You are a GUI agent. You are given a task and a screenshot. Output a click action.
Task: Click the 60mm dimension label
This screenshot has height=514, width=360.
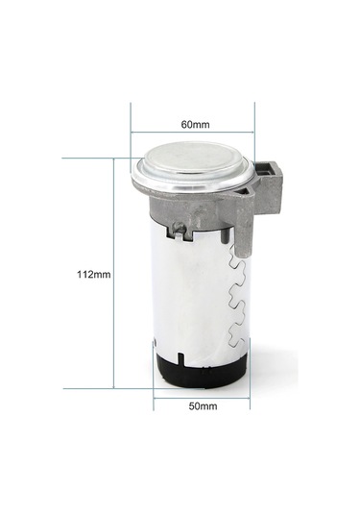pos(195,125)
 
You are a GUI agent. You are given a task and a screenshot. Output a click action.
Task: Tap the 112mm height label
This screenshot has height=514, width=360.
pos(94,274)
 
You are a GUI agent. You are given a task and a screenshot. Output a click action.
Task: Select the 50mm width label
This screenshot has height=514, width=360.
pos(203,406)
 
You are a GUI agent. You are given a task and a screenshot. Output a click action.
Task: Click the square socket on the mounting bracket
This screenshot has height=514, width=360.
pos(264,170)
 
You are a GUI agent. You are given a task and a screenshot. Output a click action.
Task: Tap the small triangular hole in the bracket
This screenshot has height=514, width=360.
pos(246,191)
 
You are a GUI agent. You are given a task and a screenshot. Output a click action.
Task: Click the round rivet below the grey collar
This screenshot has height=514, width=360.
pos(179,225)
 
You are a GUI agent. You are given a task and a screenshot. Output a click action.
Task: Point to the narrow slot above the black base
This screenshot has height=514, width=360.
pos(179,358)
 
